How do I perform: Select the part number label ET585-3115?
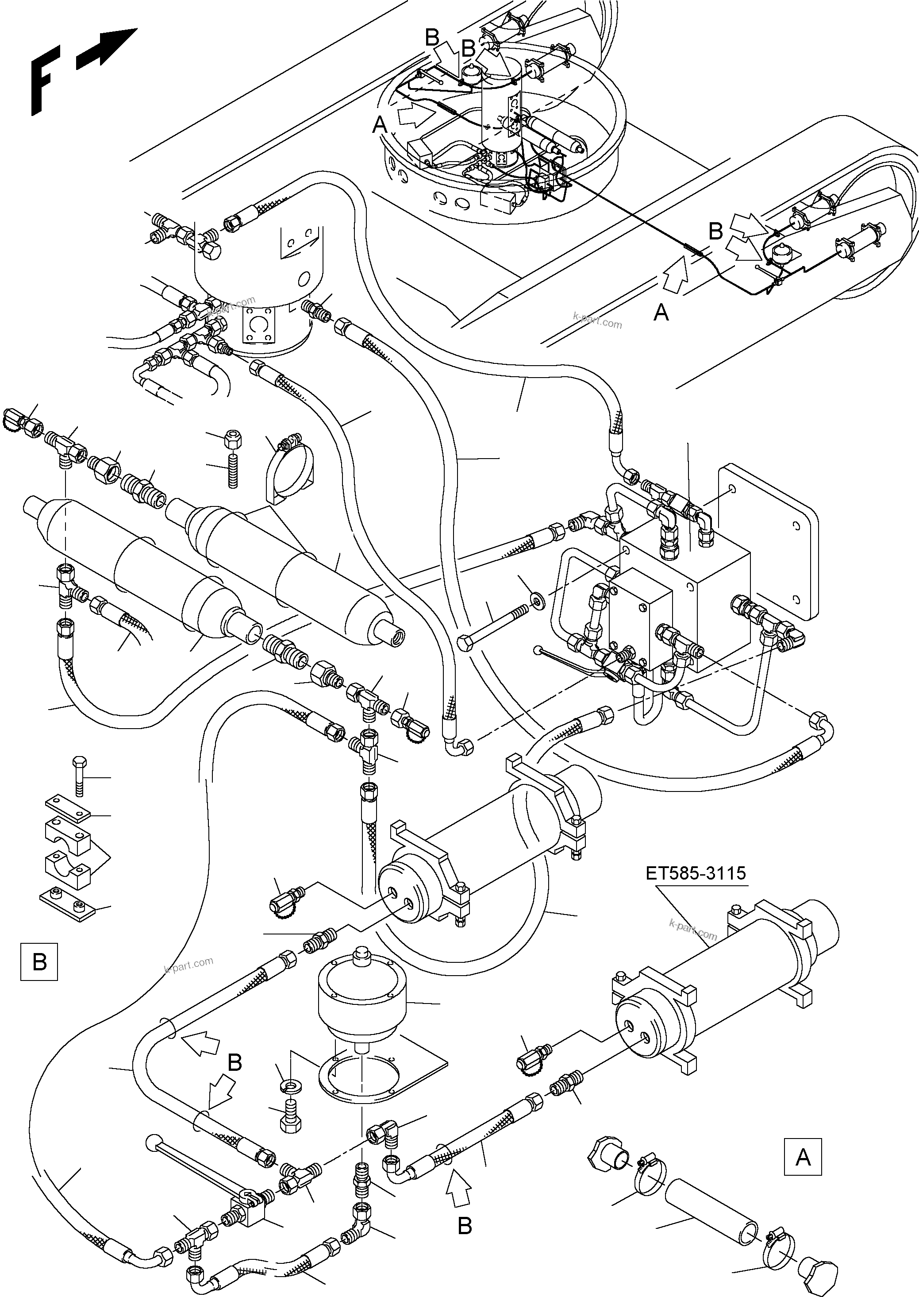click(696, 873)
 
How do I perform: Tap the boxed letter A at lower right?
click(803, 1157)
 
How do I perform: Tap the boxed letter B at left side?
click(39, 961)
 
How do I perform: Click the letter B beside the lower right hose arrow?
click(464, 1226)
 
